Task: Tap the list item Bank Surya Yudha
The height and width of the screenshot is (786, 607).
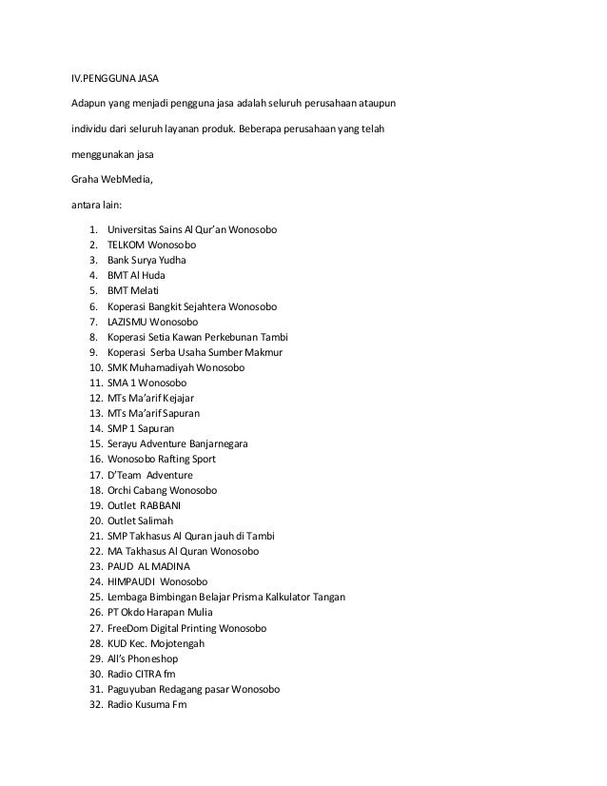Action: (147, 260)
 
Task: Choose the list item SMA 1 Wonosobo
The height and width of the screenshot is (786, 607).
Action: (147, 383)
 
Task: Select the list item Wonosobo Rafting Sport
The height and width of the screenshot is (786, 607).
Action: (162, 460)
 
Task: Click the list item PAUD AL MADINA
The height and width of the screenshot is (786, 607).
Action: (148, 567)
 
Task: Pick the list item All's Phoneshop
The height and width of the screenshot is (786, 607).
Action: (143, 658)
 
